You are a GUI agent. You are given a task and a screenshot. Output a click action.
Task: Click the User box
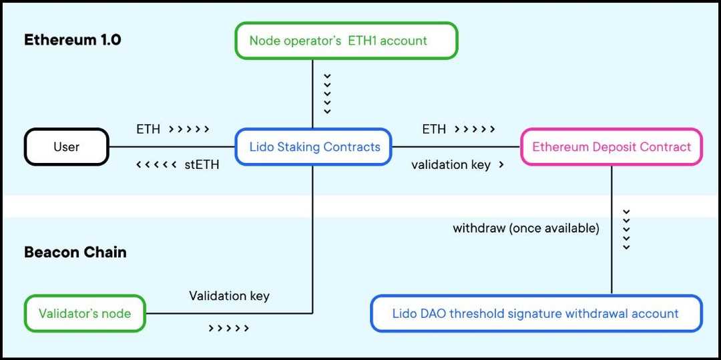pyautogui.click(x=66, y=147)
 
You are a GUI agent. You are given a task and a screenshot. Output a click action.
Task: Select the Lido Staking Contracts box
pyautogui.click(x=314, y=147)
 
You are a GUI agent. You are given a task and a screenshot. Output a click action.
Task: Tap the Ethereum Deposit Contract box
pyautogui.click(x=611, y=147)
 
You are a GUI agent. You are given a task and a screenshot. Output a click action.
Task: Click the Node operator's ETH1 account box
pyautogui.click(x=346, y=41)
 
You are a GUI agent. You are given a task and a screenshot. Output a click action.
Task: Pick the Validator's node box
pyautogui.click(x=85, y=313)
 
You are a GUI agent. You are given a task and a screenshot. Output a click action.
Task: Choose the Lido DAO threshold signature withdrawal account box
pyautogui.click(x=536, y=313)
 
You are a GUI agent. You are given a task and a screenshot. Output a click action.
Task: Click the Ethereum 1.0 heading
pyautogui.click(x=72, y=39)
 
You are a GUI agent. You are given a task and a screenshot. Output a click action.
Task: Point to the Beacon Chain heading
pyautogui.click(x=75, y=252)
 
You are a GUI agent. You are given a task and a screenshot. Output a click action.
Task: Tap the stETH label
pyautogui.click(x=202, y=164)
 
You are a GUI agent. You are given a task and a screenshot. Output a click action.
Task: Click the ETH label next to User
pyautogui.click(x=148, y=129)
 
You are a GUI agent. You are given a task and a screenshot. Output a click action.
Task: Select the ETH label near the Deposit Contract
pyautogui.click(x=434, y=129)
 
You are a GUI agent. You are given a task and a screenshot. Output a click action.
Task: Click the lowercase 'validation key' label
pyautogui.click(x=451, y=164)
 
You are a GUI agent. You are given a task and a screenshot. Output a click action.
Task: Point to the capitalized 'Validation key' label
pyautogui.click(x=229, y=295)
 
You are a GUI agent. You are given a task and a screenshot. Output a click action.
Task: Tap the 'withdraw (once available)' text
pyautogui.click(x=526, y=228)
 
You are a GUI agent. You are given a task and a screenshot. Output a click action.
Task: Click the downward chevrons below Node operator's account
pyautogui.click(x=327, y=94)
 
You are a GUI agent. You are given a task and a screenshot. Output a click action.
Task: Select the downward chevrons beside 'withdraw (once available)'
pyautogui.click(x=626, y=230)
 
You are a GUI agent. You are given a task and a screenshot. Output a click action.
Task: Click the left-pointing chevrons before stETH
pyautogui.click(x=156, y=164)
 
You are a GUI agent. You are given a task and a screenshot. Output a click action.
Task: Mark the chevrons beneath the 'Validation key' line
pyautogui.click(x=228, y=328)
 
